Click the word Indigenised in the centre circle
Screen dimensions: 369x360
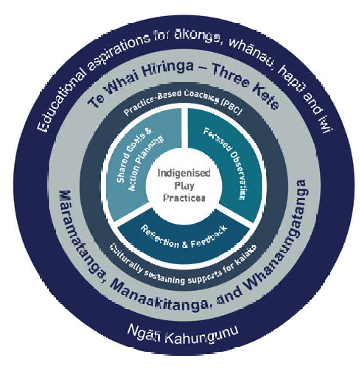click(184, 173)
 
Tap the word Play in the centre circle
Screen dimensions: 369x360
click(184, 185)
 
